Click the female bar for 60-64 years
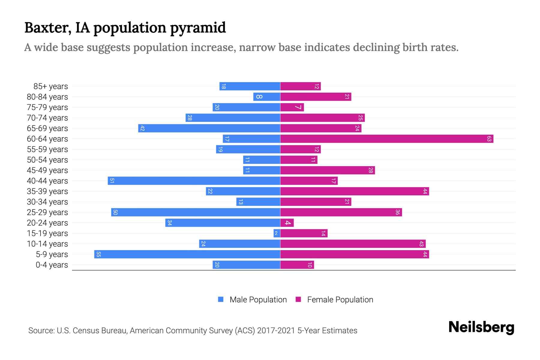coord(386,139)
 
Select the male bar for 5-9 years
coord(187,254)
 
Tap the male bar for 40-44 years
coord(194,181)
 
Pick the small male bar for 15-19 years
coord(277,233)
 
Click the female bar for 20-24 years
coord(287,223)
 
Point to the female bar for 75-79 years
coord(292,107)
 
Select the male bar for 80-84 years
coord(267,97)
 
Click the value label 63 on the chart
coord(489,139)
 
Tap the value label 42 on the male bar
coord(142,128)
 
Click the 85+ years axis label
coord(50,86)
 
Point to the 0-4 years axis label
coord(52,265)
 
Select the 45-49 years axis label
coord(47,170)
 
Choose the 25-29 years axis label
coord(47,212)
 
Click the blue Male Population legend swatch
coord(221,299)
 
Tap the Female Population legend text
coord(340,299)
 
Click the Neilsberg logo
coord(481,327)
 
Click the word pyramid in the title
coord(198,28)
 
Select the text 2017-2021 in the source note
coord(276,331)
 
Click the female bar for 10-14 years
coord(353,244)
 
